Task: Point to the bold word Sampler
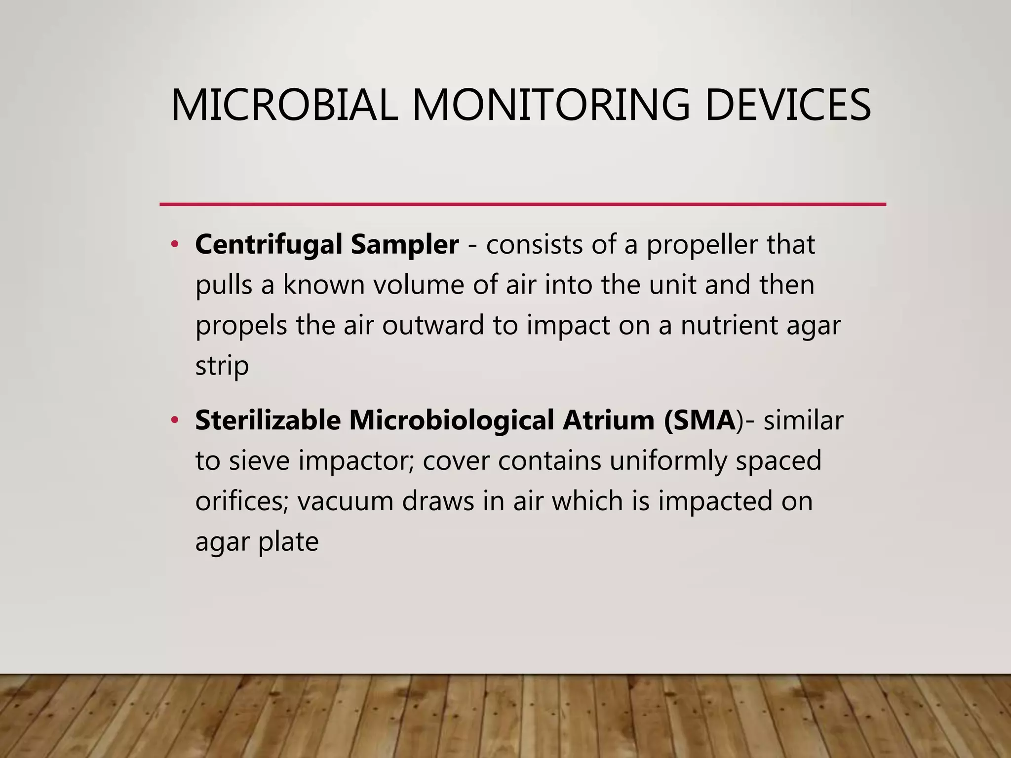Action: click(x=405, y=245)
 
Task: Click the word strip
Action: click(x=222, y=366)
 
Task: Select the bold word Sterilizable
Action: click(x=268, y=420)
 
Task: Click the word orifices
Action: click(x=241, y=501)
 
